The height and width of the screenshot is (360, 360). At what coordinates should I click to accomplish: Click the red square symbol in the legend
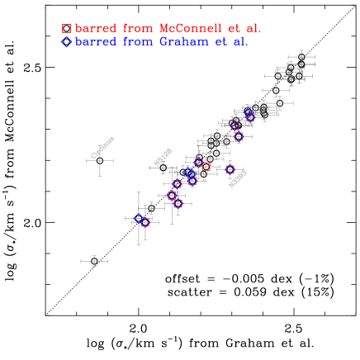tap(66, 28)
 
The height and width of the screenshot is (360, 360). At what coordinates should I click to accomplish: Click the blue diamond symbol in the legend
tap(66, 41)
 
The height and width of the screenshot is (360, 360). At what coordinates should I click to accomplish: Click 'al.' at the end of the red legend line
tap(253, 28)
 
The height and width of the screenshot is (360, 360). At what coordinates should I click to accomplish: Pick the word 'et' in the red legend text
tap(234, 28)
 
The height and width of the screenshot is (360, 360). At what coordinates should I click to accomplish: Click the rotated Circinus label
tap(102, 147)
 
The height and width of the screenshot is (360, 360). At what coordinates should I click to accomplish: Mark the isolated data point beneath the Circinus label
tap(100, 160)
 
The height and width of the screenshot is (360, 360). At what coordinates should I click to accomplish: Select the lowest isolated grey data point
tap(94, 262)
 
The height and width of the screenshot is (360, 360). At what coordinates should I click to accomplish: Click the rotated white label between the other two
tap(163, 156)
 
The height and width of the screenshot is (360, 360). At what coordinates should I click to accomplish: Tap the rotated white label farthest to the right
tap(237, 179)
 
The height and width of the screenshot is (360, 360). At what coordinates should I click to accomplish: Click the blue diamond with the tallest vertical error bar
tap(138, 218)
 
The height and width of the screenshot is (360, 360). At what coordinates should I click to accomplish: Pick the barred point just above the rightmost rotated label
tap(230, 169)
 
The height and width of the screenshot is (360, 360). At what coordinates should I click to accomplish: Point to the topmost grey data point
tap(301, 57)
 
